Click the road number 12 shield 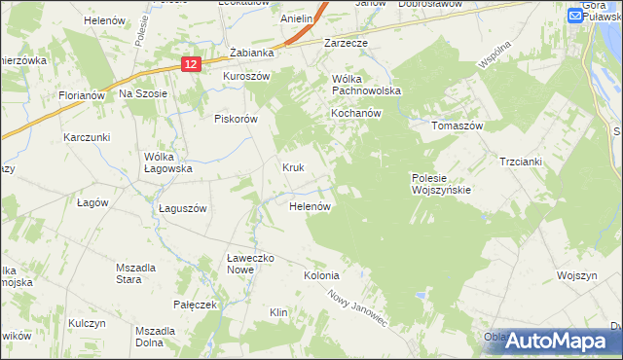click(191, 64)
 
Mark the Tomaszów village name click(458, 125)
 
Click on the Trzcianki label click(520, 162)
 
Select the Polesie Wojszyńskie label click(441, 184)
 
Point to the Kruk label click(294, 167)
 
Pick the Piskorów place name click(235, 119)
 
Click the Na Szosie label click(144, 93)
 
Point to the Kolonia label click(321, 275)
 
